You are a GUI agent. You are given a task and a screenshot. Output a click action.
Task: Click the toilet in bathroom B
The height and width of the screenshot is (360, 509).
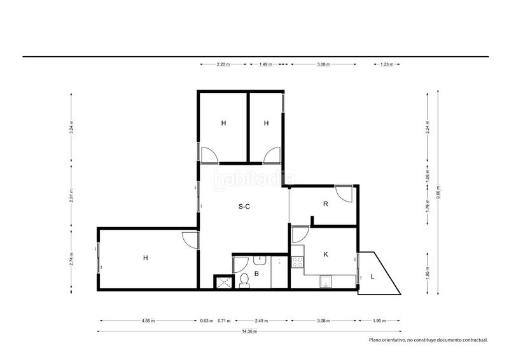coord(244,280)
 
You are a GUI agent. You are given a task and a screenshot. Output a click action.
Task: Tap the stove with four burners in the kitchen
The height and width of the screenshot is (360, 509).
coord(297,262)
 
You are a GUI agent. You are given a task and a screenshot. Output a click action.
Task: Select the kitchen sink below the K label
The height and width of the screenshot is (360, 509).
coord(325,282)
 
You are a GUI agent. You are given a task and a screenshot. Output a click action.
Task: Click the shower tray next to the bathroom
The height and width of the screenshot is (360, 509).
coord(224,282)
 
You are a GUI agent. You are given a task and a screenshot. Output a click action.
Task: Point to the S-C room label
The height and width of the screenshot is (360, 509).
coord(244,207)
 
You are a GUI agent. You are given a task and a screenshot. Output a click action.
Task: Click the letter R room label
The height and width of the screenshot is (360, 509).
coord(326,204)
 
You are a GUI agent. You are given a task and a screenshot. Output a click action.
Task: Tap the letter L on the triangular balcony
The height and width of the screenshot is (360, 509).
coord(373,277)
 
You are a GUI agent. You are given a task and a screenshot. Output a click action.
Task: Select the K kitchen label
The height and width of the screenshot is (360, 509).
coord(326,254)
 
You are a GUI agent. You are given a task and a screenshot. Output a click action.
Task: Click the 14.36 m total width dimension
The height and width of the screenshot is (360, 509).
coord(249,331)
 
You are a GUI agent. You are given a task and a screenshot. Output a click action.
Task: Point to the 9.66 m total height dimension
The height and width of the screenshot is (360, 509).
coord(438,192)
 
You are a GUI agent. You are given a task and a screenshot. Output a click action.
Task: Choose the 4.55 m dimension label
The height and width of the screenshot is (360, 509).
coord(148,321)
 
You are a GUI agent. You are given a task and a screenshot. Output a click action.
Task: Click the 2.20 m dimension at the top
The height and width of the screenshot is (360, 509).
coord(223,64)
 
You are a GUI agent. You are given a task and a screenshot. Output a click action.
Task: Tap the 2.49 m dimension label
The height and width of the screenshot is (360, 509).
coord(261,321)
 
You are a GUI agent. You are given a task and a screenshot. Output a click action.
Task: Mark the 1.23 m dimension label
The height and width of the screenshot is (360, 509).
coord(387,64)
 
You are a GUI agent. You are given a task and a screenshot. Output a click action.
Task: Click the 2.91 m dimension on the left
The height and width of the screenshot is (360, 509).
coord(71,195)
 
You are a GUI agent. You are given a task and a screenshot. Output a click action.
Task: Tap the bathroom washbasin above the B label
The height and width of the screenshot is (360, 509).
coord(260,260)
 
